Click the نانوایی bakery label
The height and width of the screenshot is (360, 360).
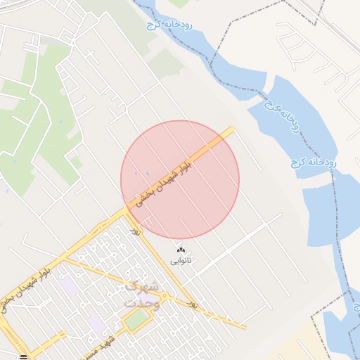click(x=181, y=260)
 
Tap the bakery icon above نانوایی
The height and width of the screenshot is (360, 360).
click(x=181, y=250)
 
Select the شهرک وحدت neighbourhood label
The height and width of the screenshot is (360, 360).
click(x=141, y=294)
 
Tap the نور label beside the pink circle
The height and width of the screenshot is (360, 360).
click(x=135, y=229)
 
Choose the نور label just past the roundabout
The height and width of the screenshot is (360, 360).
click(x=192, y=304)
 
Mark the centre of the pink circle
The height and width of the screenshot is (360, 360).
click(x=180, y=179)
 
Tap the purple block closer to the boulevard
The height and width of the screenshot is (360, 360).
click(x=68, y=287)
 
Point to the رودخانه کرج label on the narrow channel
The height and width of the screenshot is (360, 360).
click(x=169, y=25)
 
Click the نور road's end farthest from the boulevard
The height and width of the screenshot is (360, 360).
click(x=245, y=327)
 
